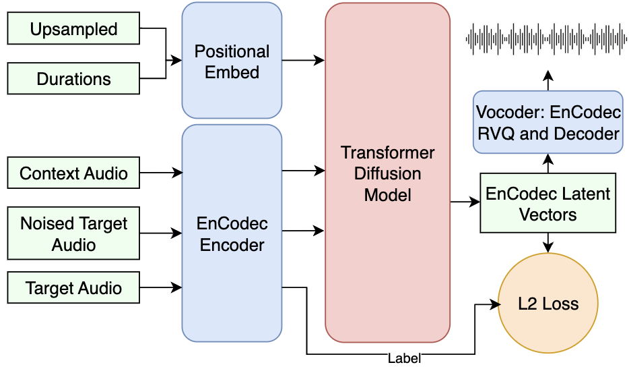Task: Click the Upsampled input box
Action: point(73,29)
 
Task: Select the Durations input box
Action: point(73,78)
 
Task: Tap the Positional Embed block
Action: point(232,61)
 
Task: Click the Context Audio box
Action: point(73,173)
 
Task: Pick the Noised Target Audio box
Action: point(73,233)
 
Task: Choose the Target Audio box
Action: point(73,288)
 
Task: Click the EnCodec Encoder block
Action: point(232,233)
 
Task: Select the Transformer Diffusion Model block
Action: point(387,173)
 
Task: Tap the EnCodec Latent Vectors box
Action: point(548,204)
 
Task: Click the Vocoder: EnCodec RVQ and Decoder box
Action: point(548,122)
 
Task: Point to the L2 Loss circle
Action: point(548,304)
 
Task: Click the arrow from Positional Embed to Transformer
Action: point(303,61)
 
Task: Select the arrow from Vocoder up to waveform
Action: point(548,80)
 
